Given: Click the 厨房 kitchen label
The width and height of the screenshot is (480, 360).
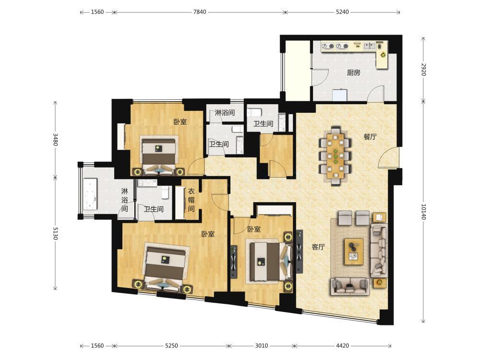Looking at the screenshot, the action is (x=354, y=72).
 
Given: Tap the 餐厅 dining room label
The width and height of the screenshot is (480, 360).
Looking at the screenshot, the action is (x=370, y=136).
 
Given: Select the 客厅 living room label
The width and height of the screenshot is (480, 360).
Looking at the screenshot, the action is (x=318, y=247).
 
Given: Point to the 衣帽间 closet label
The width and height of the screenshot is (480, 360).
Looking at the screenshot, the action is (x=191, y=200).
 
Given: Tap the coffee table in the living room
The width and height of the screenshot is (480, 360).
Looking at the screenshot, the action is (x=354, y=252).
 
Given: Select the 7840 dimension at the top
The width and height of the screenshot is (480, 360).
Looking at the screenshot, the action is (x=200, y=12).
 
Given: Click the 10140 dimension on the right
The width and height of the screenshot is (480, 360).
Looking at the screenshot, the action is (x=423, y=212).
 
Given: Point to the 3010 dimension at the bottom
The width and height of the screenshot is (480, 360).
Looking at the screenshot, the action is (x=262, y=346).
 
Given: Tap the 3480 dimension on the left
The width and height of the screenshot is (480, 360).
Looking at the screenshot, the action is (x=55, y=139).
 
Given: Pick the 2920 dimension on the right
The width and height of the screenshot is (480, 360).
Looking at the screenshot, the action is (x=423, y=70).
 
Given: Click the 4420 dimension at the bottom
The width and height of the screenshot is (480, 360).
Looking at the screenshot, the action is (x=342, y=346).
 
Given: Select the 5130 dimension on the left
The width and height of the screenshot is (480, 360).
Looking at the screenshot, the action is (x=55, y=233).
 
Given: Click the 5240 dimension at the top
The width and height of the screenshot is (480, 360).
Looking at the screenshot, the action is (x=342, y=12).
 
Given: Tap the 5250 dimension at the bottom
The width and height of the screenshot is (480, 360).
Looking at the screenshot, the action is (x=171, y=346).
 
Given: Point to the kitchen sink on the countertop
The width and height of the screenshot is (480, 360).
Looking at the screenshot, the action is (x=370, y=46).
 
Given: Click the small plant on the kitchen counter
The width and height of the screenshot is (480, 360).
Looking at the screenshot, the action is (x=383, y=55).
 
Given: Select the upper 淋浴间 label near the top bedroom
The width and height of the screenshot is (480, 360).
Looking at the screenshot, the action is (x=225, y=112).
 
